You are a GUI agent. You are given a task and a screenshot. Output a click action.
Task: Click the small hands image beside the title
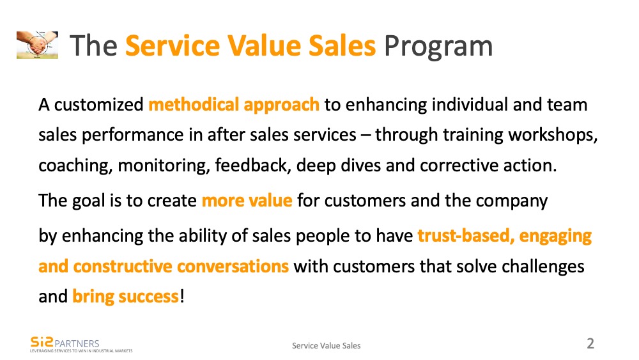click(x=37, y=45)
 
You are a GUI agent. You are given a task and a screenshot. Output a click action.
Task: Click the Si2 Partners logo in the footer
click(x=65, y=343)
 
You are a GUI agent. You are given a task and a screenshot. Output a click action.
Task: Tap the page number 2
click(x=590, y=343)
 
